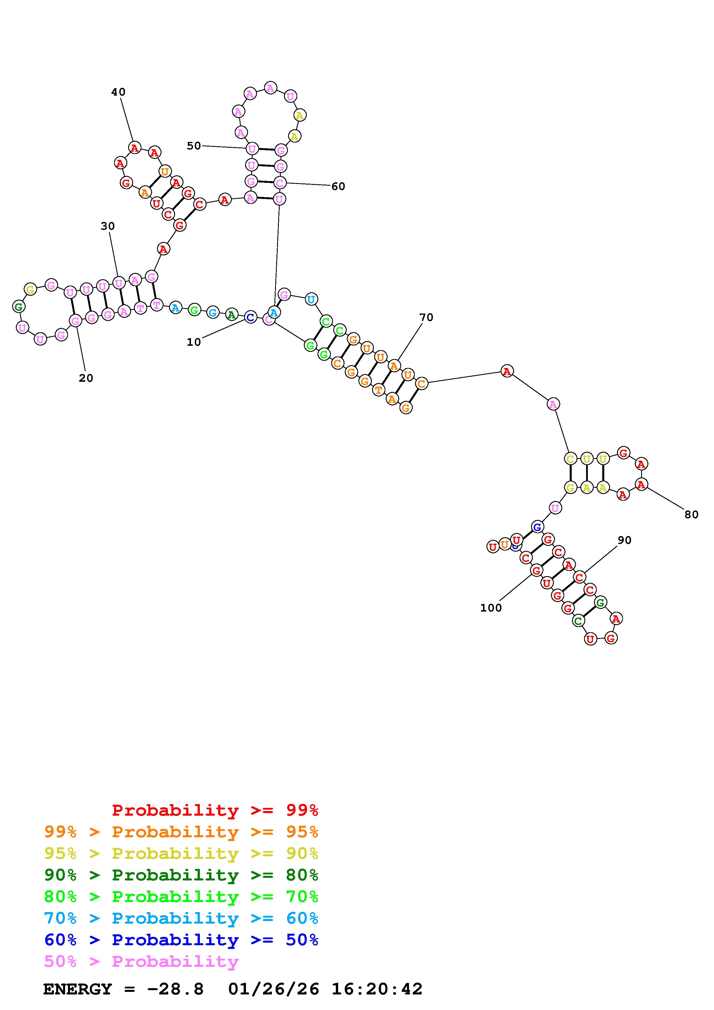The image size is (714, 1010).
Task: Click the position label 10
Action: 194,342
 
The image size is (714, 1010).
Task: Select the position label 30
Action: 108,226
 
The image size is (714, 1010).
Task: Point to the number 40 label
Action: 118,92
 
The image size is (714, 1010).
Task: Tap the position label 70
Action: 426,317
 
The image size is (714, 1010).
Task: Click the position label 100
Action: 491,608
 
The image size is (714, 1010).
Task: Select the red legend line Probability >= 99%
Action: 215,810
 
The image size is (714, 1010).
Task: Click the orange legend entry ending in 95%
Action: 181,832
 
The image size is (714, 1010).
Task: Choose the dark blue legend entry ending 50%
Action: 181,940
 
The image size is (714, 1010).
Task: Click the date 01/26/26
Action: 274,989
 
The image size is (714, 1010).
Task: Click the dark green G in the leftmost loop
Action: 18,307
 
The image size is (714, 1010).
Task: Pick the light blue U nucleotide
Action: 311,299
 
